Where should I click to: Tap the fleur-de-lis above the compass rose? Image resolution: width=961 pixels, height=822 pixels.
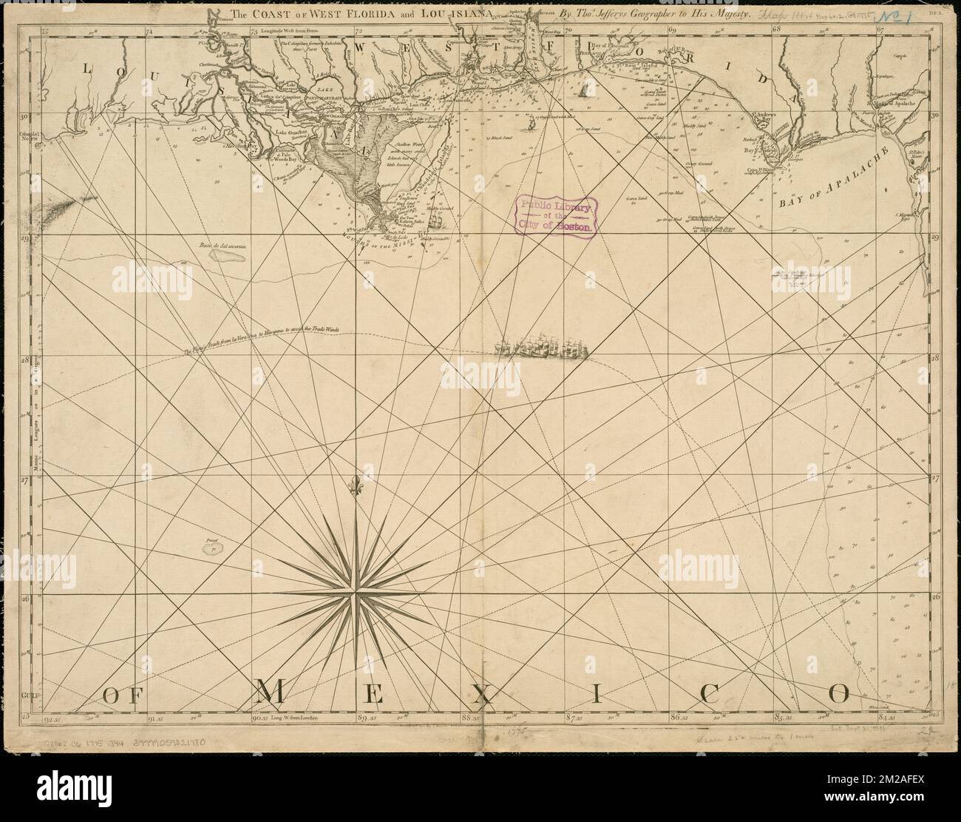(357, 487)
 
